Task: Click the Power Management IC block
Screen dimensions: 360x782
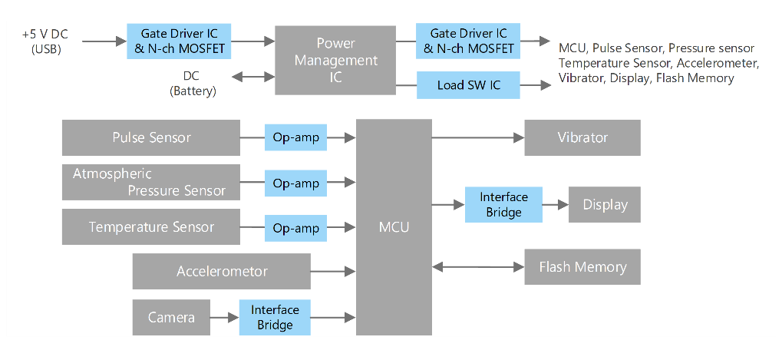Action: (335, 61)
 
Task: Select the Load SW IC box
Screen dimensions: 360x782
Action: (468, 84)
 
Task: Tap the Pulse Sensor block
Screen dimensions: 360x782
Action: (151, 138)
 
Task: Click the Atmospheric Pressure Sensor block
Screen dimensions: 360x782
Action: (151, 183)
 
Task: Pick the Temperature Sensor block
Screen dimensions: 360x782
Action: (151, 227)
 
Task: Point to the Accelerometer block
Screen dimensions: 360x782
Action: (222, 271)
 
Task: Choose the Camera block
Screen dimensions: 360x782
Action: (171, 317)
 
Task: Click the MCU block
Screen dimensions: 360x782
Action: (394, 227)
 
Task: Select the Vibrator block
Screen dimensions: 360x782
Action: (582, 138)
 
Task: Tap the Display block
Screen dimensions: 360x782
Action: (605, 205)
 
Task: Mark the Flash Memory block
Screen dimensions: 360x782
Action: (582, 267)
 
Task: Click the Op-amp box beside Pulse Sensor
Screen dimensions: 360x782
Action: (296, 138)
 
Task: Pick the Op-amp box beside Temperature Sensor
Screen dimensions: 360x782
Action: (296, 228)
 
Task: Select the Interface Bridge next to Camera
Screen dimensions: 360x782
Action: (275, 317)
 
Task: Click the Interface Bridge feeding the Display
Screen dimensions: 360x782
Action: (503, 205)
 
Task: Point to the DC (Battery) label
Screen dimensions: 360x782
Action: (192, 84)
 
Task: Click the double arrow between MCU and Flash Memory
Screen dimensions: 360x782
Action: (478, 267)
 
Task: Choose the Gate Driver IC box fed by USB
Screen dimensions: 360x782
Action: (179, 41)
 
